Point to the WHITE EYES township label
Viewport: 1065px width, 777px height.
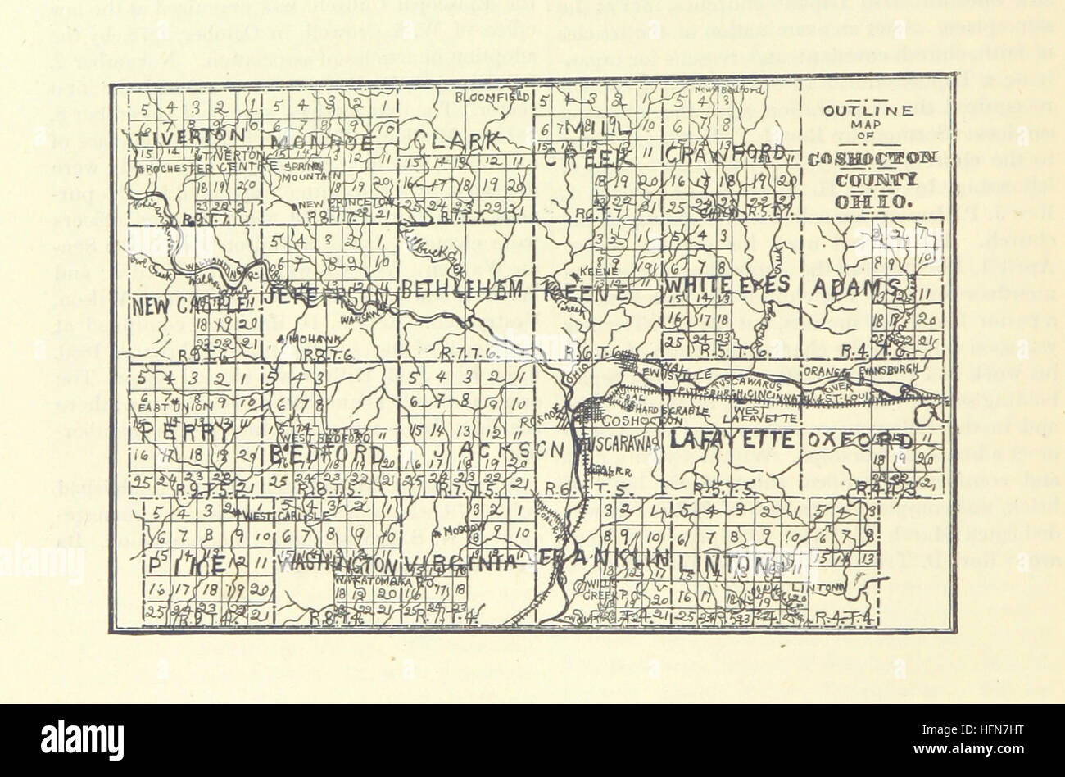point(727,284)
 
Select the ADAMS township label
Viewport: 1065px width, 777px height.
point(857,287)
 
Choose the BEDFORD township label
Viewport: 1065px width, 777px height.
point(322,453)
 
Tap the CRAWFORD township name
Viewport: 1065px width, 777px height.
point(725,153)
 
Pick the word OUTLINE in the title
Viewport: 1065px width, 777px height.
point(868,111)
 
